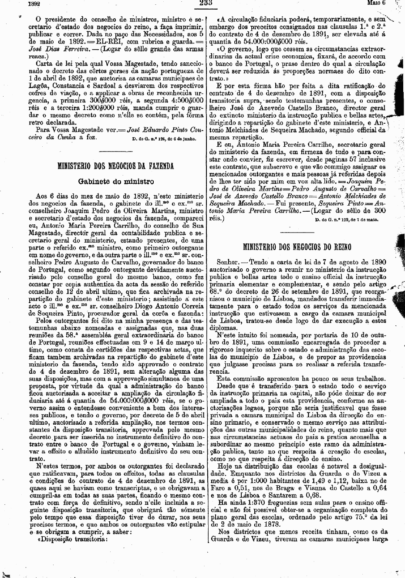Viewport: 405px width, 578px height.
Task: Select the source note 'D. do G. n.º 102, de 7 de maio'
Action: pyautogui.click(x=347, y=220)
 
